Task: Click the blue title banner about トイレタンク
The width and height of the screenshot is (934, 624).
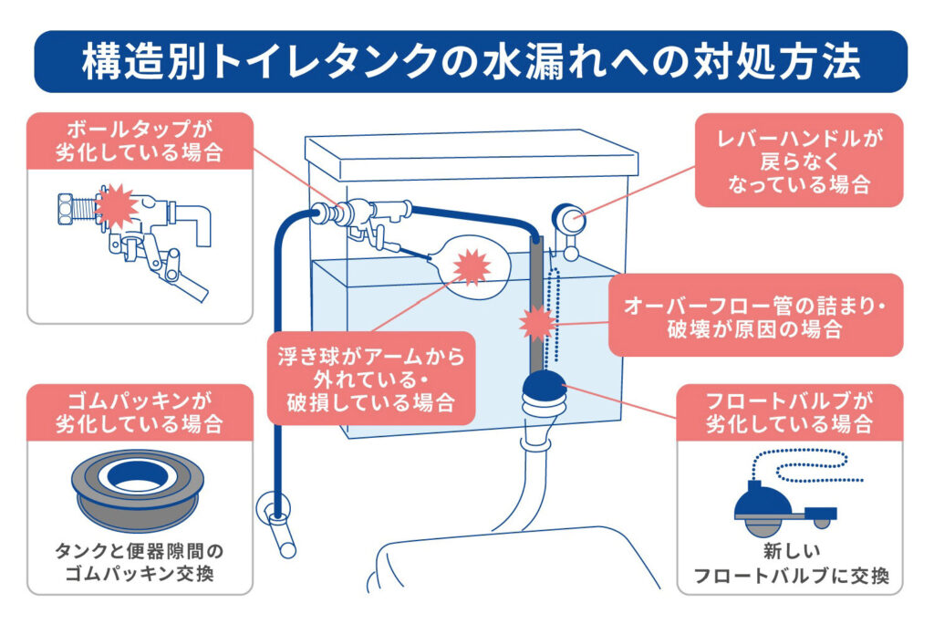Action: pyautogui.click(x=467, y=61)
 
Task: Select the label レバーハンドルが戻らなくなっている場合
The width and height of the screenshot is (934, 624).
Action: pyautogui.click(x=798, y=160)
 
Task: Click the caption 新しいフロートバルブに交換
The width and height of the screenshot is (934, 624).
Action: pyautogui.click(x=790, y=565)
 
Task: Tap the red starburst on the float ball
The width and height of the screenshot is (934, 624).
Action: pyautogui.click(x=472, y=265)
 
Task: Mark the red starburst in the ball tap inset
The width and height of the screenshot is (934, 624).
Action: pyautogui.click(x=116, y=206)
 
